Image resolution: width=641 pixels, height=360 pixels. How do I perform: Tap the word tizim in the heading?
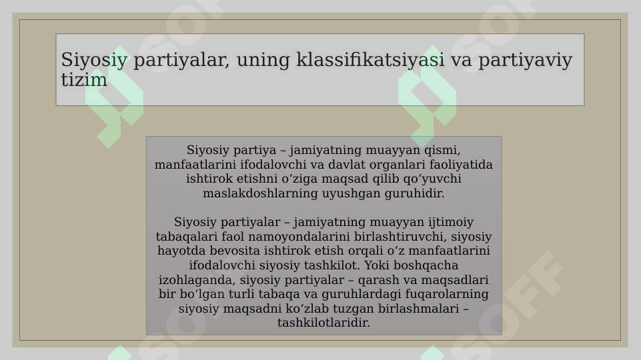[x=84, y=81]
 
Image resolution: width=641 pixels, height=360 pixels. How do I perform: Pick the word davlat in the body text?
[x=328, y=165]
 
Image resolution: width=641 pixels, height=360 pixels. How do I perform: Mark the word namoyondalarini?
[x=277, y=237]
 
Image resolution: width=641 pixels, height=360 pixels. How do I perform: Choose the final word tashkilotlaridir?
[x=324, y=323]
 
